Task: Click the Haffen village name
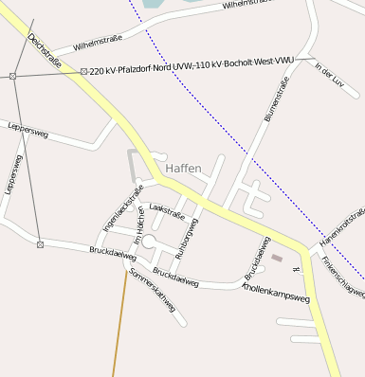183,169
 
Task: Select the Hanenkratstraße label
342,230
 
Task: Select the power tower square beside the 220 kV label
83,72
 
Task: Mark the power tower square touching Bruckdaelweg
41,244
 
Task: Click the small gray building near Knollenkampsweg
277,257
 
